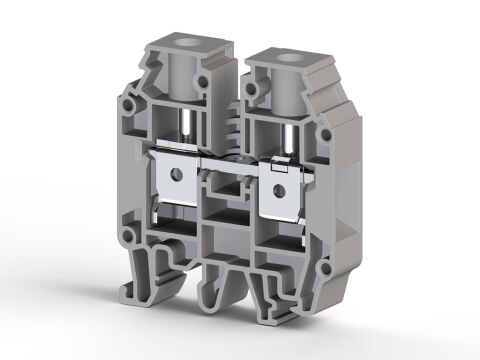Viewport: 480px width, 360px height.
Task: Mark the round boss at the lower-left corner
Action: pos(127,237)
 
